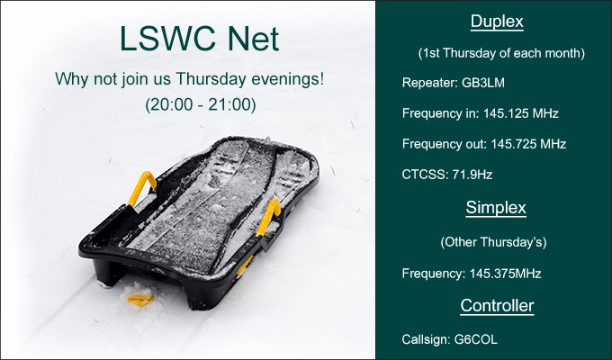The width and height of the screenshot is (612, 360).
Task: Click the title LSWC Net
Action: click(x=200, y=39)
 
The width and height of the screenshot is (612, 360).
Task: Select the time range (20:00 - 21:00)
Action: click(x=201, y=104)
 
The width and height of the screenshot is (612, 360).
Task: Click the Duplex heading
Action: click(x=497, y=22)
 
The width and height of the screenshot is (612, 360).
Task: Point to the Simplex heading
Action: click(x=496, y=207)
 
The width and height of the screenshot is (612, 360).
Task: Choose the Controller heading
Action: click(x=497, y=305)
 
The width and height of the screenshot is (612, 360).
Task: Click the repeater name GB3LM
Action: click(x=483, y=83)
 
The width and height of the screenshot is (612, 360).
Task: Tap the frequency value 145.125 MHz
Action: click(x=521, y=113)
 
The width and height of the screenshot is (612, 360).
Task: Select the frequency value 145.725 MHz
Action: click(x=528, y=144)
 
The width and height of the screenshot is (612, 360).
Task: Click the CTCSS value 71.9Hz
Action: click(x=472, y=174)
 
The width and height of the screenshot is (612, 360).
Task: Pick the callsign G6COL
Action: click(x=476, y=339)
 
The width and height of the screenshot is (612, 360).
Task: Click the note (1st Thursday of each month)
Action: click(x=501, y=53)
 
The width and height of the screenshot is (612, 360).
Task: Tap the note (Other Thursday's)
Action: click(x=494, y=242)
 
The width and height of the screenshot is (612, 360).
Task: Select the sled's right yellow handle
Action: click(x=268, y=217)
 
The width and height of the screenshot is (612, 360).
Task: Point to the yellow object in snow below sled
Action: click(x=140, y=300)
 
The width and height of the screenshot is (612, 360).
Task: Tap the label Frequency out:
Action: click(x=445, y=144)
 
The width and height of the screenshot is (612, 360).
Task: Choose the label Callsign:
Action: click(x=427, y=339)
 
